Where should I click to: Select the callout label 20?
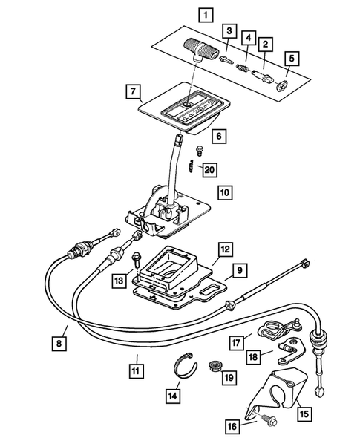[x=209, y=170]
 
